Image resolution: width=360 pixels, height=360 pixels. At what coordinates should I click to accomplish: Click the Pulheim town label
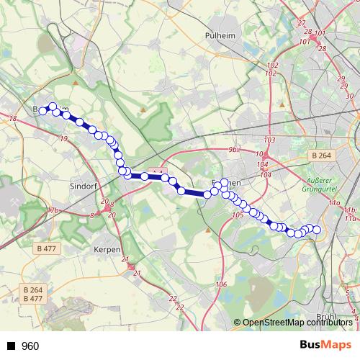(x=220, y=34)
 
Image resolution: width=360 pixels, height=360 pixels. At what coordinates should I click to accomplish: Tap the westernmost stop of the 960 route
(x=42, y=111)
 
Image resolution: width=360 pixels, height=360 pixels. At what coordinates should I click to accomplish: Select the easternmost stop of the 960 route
(x=317, y=230)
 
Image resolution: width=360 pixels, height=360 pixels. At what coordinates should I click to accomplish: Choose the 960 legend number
(x=30, y=346)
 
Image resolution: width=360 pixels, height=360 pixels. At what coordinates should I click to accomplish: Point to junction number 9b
(x=233, y=149)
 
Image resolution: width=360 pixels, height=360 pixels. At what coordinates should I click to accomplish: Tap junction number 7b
(x=54, y=210)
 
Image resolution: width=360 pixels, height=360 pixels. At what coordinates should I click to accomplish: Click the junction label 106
(x=221, y=284)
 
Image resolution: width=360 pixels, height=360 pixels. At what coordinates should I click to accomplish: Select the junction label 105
(x=238, y=215)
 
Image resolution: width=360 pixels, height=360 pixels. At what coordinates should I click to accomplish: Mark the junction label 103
(x=270, y=140)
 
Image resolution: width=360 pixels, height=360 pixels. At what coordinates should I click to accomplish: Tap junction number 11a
(x=334, y=204)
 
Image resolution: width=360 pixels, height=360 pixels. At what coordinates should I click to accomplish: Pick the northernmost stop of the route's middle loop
(x=225, y=183)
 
